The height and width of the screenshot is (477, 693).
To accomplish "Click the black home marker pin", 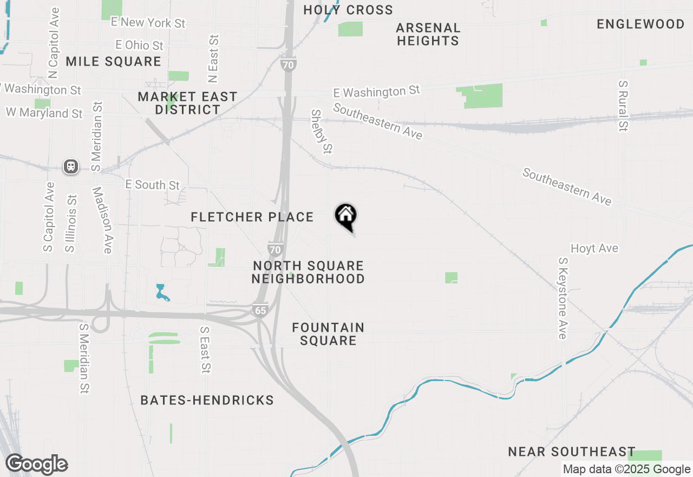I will [345, 217].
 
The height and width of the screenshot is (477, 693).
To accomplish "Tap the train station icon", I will [70, 166].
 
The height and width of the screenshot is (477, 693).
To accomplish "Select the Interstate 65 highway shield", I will [260, 310].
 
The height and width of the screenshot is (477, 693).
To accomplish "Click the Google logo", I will [36, 465].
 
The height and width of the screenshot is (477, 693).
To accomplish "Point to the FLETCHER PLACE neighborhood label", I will [252, 217].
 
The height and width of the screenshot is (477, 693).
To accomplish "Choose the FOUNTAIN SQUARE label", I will [328, 334].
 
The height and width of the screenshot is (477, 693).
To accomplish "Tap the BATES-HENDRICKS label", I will [207, 401].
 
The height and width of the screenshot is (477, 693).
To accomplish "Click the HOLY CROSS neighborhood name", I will [348, 10].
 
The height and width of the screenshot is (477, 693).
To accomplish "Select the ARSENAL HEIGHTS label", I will [428, 34].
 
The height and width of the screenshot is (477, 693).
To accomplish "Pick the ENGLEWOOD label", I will [640, 24].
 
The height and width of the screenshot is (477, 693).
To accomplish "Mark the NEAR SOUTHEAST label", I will [572, 452].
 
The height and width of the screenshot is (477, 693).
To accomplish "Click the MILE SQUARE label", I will [113, 62].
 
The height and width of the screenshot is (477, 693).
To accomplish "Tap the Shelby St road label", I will [321, 131].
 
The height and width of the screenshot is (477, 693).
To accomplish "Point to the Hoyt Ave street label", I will [594, 248].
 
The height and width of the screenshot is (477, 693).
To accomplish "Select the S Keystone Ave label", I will [563, 298].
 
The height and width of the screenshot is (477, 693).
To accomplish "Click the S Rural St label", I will [624, 106].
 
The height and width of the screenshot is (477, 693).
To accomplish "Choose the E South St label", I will [152, 185].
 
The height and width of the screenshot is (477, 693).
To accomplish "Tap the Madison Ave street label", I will [102, 220].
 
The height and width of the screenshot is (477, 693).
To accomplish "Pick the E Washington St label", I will [376, 92].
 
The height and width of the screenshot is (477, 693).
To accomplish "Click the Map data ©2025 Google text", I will [626, 469].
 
